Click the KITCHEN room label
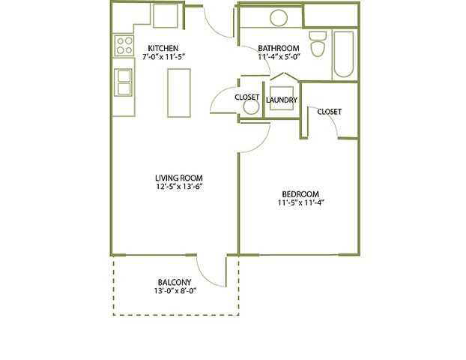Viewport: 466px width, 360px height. coord(163,48)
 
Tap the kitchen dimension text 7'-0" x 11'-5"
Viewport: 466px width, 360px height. coord(164,56)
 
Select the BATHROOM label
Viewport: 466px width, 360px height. coord(279,48)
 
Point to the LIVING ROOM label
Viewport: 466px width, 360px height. coord(179,178)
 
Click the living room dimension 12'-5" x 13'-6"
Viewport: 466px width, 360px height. coord(179,187)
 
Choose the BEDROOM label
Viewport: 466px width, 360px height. coord(300,194)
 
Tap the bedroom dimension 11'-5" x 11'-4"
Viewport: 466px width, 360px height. coord(300,203)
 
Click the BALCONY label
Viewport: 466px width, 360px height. coord(175,282)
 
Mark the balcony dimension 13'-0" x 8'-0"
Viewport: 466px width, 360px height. coord(175,291)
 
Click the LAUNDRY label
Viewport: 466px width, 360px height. coord(282,100)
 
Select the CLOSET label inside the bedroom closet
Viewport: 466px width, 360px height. coord(330,112)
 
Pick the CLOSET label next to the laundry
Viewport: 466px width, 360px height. coord(247,97)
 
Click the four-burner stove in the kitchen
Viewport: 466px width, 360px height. coord(124,45)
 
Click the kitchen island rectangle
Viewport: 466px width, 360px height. coord(179,93)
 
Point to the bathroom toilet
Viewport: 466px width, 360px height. coord(318,45)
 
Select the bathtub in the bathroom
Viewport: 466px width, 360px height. coord(344,55)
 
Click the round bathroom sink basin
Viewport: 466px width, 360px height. coord(279,17)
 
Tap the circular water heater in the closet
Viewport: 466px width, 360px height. coord(251,106)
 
